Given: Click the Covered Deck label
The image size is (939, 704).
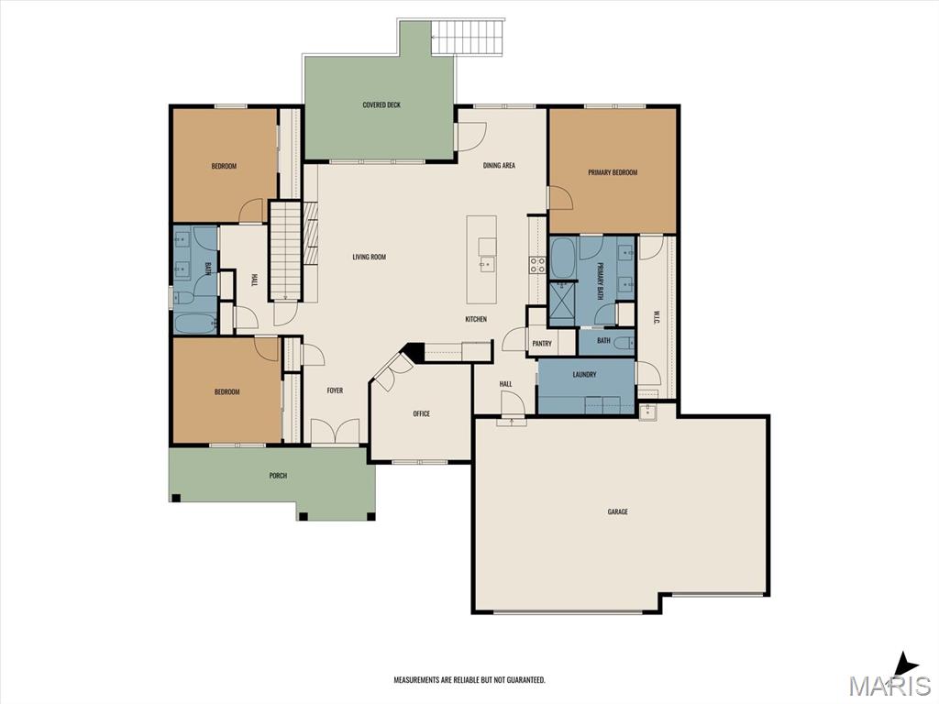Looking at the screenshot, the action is (x=381, y=105).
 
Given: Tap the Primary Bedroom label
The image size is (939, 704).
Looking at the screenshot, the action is (x=613, y=172).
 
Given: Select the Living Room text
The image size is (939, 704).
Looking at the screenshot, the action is (x=369, y=257).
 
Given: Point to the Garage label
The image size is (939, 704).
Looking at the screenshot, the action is (x=617, y=511).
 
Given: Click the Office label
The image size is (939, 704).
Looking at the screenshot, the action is (x=421, y=413).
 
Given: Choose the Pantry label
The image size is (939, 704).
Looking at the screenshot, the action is (x=542, y=344).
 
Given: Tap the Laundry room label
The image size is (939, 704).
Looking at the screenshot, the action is (x=584, y=375).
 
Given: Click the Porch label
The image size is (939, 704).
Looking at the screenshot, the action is (x=278, y=476).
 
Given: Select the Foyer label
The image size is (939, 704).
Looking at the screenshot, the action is (x=335, y=390).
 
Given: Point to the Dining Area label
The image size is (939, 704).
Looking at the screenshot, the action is (x=499, y=165).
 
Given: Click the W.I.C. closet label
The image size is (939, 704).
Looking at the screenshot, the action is (x=656, y=317).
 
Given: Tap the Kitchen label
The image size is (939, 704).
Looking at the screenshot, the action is (x=476, y=319).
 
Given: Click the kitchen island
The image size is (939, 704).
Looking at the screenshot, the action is (x=482, y=259).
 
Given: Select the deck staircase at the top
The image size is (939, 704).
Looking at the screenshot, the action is (x=468, y=37).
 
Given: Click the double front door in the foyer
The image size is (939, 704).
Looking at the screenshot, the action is (x=336, y=431).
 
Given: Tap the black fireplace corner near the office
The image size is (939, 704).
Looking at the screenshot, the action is (x=414, y=351).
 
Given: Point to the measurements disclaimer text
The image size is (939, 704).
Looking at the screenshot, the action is (x=469, y=680).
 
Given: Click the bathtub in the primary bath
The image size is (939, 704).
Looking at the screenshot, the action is (x=562, y=258).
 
